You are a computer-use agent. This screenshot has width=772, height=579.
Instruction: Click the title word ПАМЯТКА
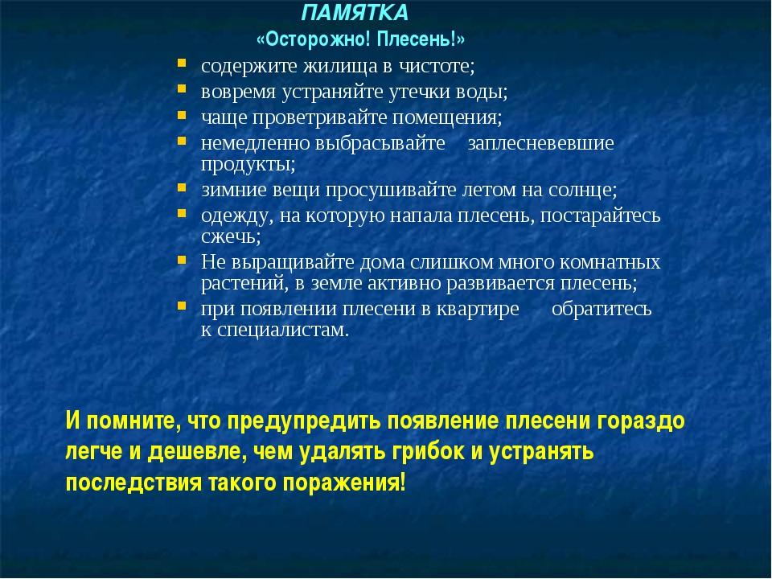click(355, 13)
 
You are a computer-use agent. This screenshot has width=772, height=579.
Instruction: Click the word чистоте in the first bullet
click(437, 66)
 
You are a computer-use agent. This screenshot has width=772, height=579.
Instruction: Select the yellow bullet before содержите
click(183, 63)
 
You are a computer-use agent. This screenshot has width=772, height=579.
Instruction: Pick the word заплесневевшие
click(540, 143)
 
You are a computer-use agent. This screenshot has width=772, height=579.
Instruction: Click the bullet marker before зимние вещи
click(183, 187)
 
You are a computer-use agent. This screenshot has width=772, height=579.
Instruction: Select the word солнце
click(583, 190)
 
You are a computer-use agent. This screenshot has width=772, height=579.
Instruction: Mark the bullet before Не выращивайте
click(183, 260)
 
